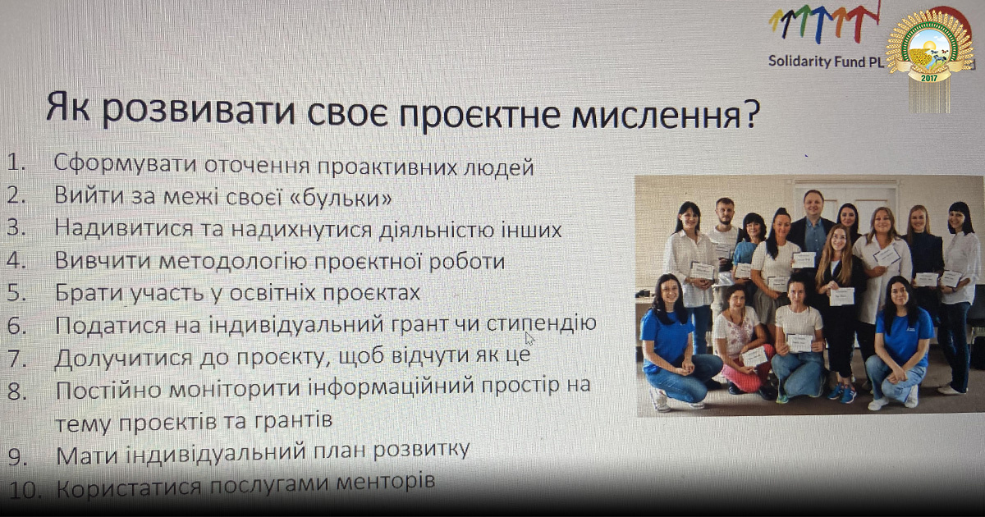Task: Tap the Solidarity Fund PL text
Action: [827, 61]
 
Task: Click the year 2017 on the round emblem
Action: [928, 78]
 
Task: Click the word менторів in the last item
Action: [385, 482]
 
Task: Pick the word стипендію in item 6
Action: [541, 323]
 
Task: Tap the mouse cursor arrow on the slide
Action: [529, 338]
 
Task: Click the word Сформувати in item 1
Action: [125, 165]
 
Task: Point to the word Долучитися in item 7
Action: [124, 358]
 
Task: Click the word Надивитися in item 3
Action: [124, 229]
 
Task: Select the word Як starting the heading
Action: [68, 107]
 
